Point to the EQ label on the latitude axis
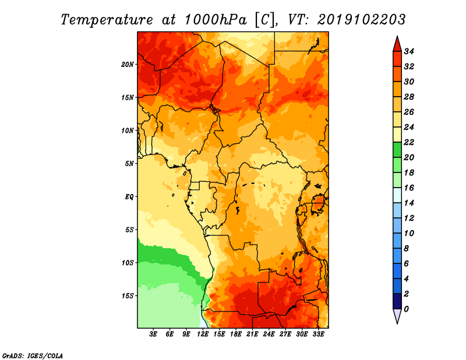[129, 196]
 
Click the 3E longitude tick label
[154, 334]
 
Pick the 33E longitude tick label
[319, 334]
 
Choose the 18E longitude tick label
[236, 334]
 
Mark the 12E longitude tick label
[203, 334]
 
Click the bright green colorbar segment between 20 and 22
[397, 150]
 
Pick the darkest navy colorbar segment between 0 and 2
[397, 301]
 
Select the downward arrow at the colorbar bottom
[397, 316]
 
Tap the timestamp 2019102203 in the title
[361, 20]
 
